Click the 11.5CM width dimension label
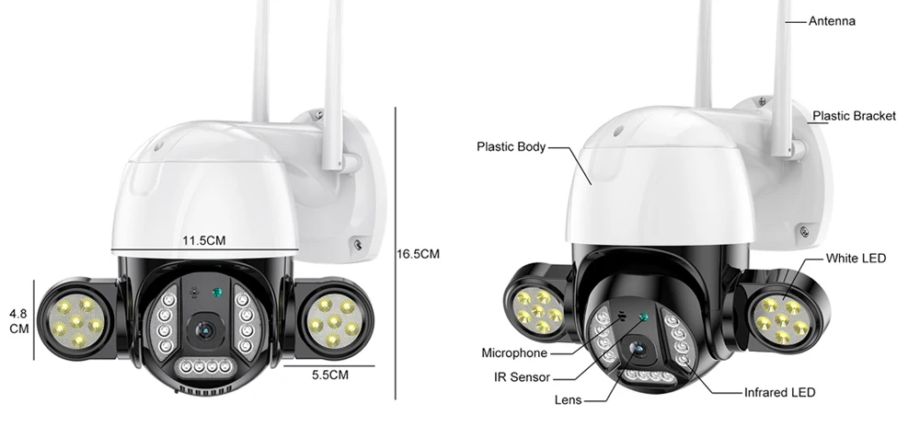203,240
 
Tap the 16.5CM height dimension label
418,254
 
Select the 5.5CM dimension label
329,375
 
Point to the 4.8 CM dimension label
19,321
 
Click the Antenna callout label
832,21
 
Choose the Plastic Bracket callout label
855,116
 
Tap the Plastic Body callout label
511,146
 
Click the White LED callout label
856,258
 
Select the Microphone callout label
514,353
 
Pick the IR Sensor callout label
523,377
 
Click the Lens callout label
568,400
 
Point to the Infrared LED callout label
780,392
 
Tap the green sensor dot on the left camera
216,292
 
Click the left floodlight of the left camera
78,322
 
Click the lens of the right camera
638,349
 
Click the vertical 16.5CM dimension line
396,253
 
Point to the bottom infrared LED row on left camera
205,366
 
